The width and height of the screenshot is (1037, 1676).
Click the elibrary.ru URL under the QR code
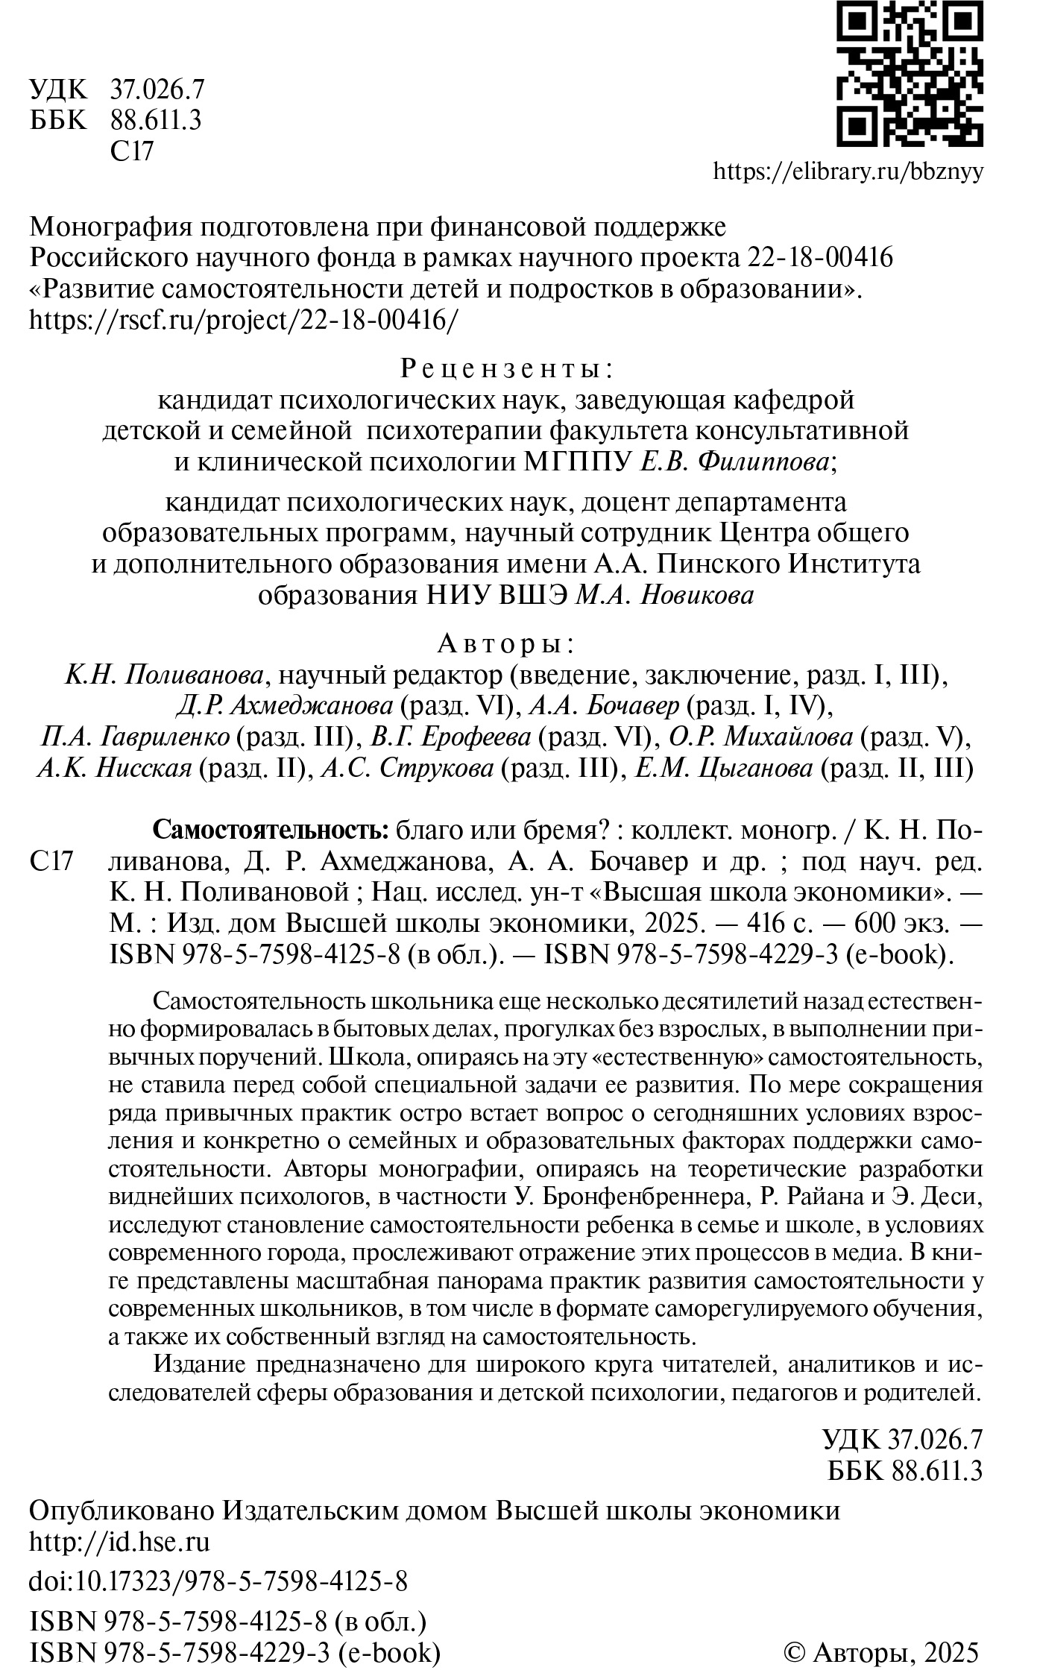(x=848, y=172)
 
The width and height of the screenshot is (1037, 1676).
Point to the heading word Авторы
(x=505, y=643)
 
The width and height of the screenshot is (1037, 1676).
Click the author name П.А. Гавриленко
(x=135, y=737)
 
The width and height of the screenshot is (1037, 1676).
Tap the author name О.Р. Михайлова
(x=761, y=737)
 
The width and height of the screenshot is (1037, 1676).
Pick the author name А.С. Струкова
(x=407, y=769)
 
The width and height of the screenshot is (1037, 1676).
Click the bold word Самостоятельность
(x=271, y=829)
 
